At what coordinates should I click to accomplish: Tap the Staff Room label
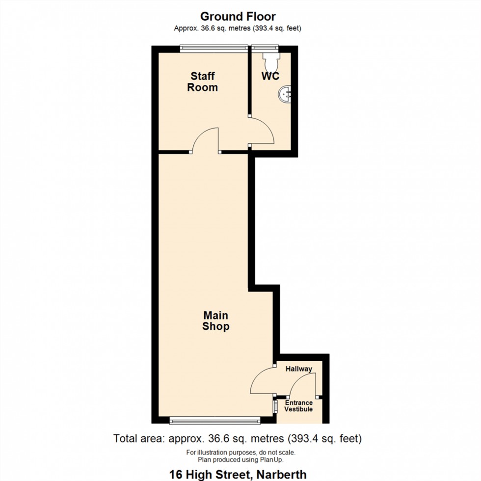[203, 82]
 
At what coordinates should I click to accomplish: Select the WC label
[270, 76]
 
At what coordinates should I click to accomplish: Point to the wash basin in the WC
[286, 93]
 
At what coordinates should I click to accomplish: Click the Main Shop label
[215, 321]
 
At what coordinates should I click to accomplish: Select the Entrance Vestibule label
[299, 406]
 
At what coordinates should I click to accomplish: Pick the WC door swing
[263, 131]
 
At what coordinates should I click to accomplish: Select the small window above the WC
[265, 48]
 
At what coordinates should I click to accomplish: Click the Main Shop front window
[214, 420]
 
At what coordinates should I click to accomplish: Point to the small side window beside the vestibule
[275, 406]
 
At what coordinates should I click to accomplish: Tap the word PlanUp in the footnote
[272, 460]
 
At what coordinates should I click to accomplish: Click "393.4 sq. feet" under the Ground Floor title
[277, 28]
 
